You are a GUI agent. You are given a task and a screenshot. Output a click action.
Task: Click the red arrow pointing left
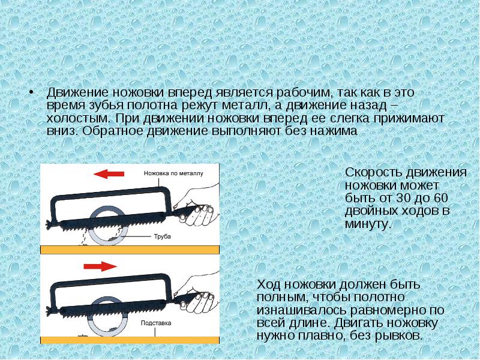coord(109,174)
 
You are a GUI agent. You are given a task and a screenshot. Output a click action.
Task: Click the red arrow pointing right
coord(100,266)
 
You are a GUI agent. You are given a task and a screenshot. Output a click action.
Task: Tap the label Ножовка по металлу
coord(173,173)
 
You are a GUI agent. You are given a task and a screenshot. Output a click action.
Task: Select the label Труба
coord(163,236)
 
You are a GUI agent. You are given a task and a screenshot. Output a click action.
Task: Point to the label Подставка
coord(156,323)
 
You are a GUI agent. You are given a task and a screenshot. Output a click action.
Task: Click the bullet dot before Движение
coord(31,93)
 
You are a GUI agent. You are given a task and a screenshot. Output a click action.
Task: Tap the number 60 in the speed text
coord(440,198)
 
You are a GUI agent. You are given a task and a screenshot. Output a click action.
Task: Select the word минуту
coord(368,224)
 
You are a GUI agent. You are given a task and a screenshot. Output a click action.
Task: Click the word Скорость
coord(373,172)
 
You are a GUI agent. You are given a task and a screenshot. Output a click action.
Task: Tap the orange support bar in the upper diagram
coord(130,250)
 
